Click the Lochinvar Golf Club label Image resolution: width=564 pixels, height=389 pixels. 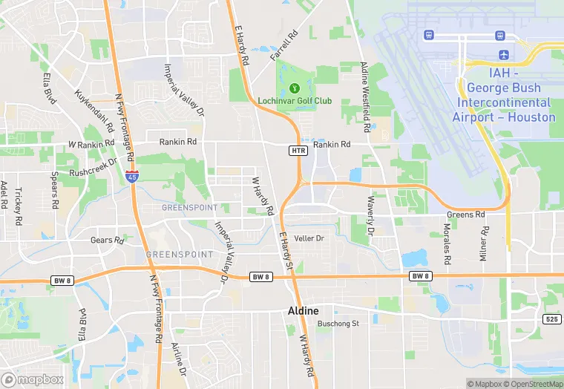pyautogui.click(x=295, y=101)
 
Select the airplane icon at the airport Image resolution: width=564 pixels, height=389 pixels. pyautogui.click(x=505, y=54)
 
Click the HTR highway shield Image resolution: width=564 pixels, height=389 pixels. pyautogui.click(x=298, y=151)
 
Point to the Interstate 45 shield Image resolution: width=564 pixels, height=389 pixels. pyautogui.click(x=131, y=175)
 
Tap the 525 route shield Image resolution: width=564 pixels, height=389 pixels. pyautogui.click(x=551, y=319)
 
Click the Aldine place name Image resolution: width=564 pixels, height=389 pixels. pyautogui.click(x=303, y=311)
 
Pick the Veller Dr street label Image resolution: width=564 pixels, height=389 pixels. pyautogui.click(x=309, y=238)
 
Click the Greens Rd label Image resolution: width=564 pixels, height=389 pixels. pyautogui.click(x=465, y=215)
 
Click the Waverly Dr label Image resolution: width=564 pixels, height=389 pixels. pyautogui.click(x=370, y=217)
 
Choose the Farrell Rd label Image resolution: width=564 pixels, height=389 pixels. pyautogui.click(x=283, y=46)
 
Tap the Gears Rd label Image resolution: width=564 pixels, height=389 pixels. pyautogui.click(x=107, y=241)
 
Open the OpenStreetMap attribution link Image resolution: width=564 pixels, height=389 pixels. pyautogui.click(x=528, y=384)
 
